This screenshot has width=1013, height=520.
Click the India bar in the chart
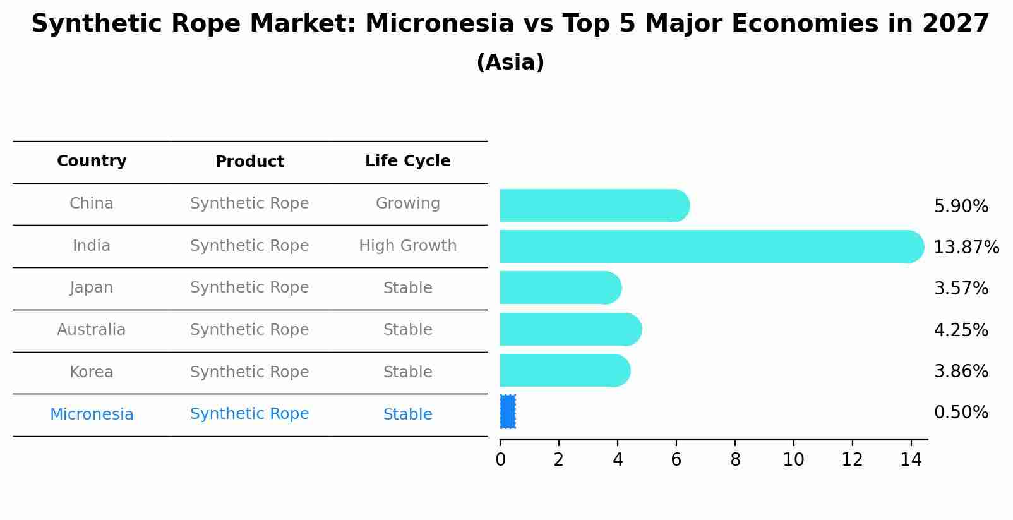tap(712, 246)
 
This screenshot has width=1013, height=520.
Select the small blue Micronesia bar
tap(507, 412)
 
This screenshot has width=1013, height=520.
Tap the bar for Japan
tap(561, 288)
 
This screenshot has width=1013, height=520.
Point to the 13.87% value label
tap(966, 247)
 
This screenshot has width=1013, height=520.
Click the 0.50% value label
tap(961, 413)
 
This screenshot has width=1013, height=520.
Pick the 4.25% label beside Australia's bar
tap(961, 330)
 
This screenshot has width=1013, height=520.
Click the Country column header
tap(92, 161)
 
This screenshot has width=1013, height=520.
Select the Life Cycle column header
tap(408, 161)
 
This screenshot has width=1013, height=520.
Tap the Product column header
tap(249, 162)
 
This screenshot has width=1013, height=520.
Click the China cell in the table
tap(92, 203)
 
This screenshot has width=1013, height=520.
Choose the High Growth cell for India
tap(408, 245)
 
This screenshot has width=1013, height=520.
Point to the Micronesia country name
tap(92, 414)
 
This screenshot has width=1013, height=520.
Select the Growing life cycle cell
tap(408, 203)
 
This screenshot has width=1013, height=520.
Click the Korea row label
tap(92, 372)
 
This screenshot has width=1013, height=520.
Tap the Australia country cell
tap(92, 329)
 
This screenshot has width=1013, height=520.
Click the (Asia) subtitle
tap(510, 63)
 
